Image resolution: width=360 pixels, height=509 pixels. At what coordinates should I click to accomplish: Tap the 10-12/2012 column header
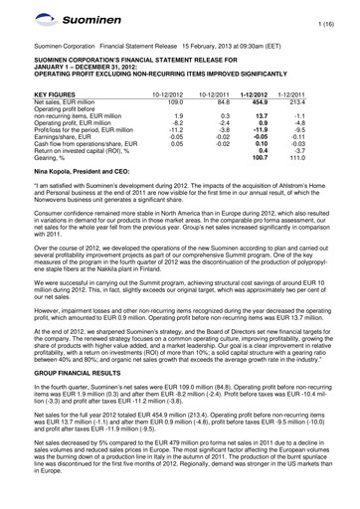pos(195,91)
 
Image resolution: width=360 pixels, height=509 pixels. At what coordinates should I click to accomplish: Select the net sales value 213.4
pos(322,98)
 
